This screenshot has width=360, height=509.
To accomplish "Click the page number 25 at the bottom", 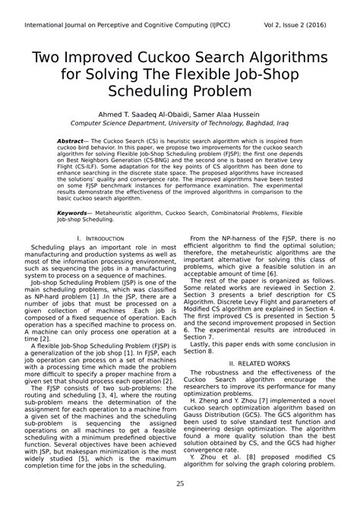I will pos(180,484).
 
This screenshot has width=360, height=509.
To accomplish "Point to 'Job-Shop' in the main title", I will pos(270,74).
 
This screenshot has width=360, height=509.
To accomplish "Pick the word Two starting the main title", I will pos(45,58).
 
